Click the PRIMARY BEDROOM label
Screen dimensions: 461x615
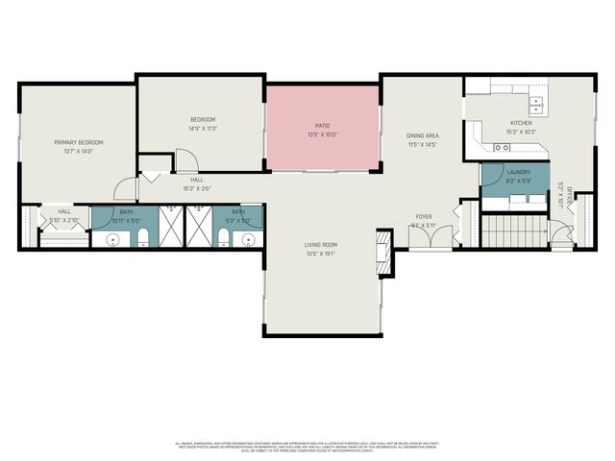pos(78,142)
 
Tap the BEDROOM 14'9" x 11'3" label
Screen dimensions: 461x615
pos(202,119)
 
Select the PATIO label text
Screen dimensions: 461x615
pos(322,125)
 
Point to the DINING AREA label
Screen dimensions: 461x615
pos(422,135)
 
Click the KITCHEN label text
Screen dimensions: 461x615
pos(521,124)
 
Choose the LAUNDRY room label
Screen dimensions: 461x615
pos(518,172)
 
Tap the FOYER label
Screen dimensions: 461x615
pos(424,217)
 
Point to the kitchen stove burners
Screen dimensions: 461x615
pos(501,147)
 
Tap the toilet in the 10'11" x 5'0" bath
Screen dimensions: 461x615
pos(143,241)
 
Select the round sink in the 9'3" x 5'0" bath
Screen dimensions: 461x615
pos(247,240)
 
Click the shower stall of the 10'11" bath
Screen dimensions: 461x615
pos(170,227)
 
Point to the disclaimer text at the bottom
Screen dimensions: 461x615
pos(307,447)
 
